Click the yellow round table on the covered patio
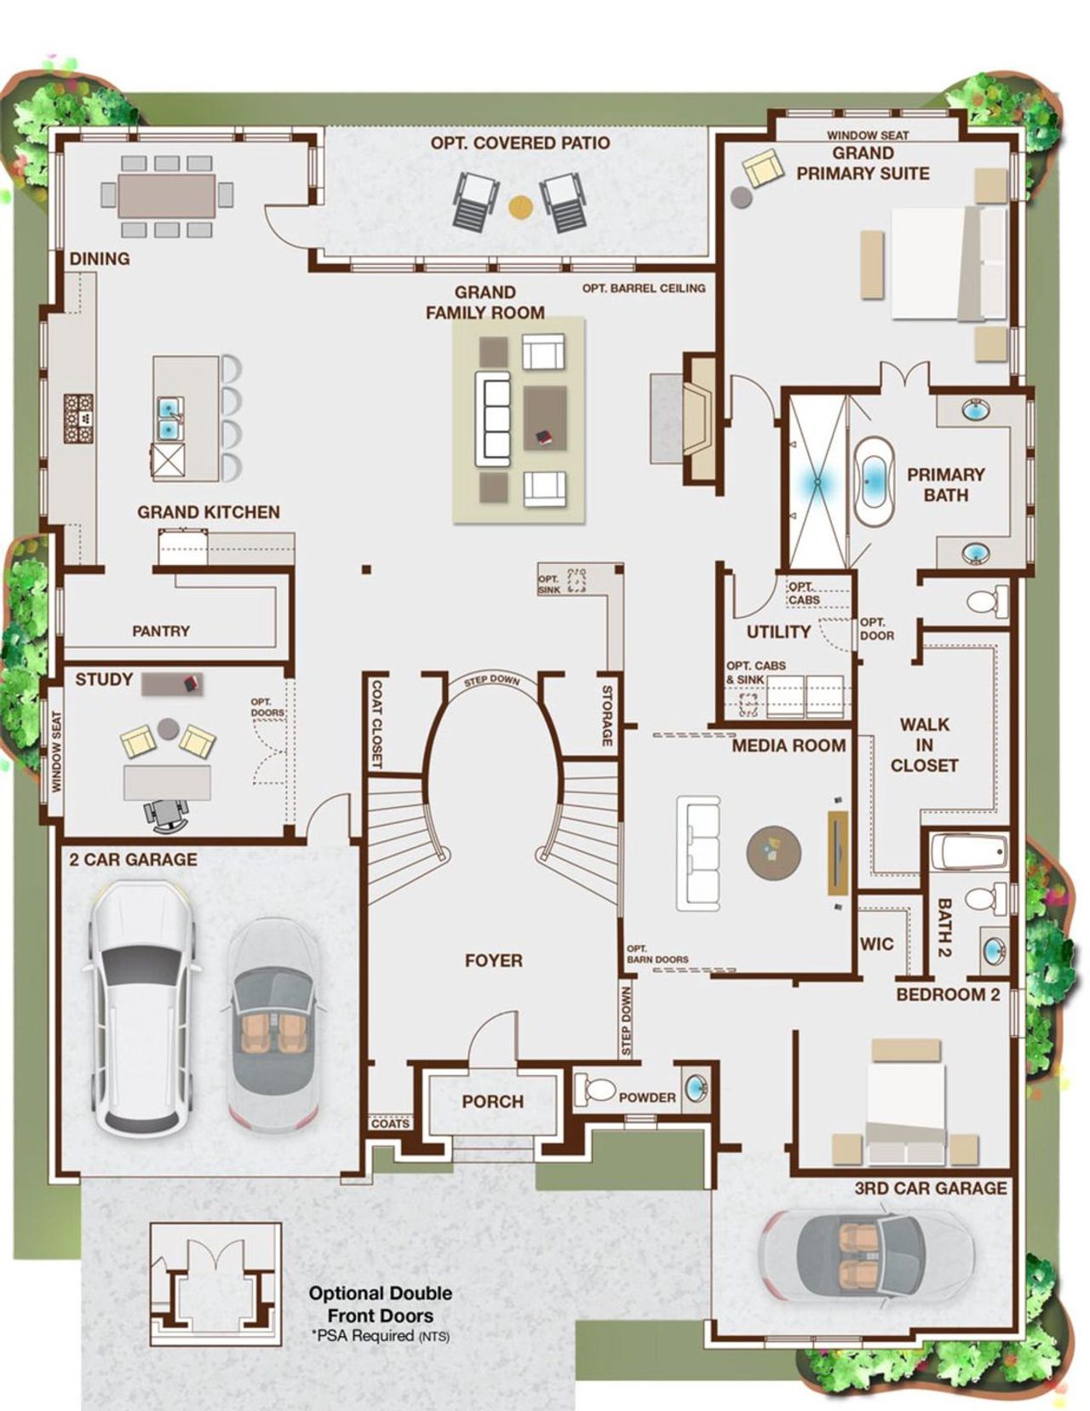click(x=519, y=205)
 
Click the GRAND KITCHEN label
click(x=209, y=512)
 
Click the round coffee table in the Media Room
click(x=773, y=852)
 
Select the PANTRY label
click(x=161, y=631)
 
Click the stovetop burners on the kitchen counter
click(x=78, y=418)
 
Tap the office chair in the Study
click(x=167, y=815)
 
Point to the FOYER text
click(x=494, y=960)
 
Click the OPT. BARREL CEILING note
click(x=644, y=288)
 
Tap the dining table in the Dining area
click(x=167, y=196)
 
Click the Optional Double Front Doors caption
click(x=381, y=1304)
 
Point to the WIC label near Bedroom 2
click(x=877, y=943)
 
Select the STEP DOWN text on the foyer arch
click(x=493, y=682)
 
